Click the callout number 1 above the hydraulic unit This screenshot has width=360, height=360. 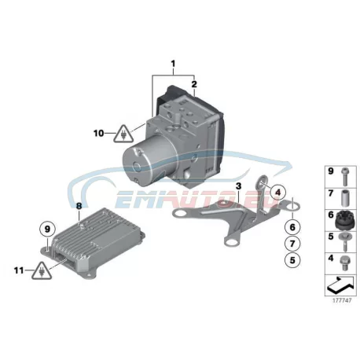(x=173, y=64)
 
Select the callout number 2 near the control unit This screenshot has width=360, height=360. (x=194, y=84)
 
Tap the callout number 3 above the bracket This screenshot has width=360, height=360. (x=238, y=186)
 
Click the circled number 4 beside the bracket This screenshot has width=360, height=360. (x=277, y=193)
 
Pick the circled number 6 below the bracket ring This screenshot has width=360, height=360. (x=292, y=227)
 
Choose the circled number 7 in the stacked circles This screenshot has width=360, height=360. (x=292, y=244)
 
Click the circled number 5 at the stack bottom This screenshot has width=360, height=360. (x=292, y=260)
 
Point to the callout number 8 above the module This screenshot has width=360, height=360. (x=79, y=206)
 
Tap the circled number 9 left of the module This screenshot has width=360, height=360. (x=47, y=230)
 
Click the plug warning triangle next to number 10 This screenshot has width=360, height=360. (x=123, y=134)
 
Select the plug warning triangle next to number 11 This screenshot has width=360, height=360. (x=42, y=271)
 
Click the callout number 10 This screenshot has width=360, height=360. (x=99, y=134)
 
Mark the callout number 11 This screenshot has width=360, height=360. (x=19, y=270)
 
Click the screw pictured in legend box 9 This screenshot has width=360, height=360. (x=343, y=177)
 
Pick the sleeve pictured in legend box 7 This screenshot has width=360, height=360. (x=343, y=199)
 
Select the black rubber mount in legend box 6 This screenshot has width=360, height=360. (x=345, y=221)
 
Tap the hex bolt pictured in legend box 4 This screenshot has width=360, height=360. (x=343, y=263)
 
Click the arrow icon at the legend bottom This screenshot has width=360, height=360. (x=340, y=285)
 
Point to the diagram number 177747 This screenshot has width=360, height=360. (x=342, y=300)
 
